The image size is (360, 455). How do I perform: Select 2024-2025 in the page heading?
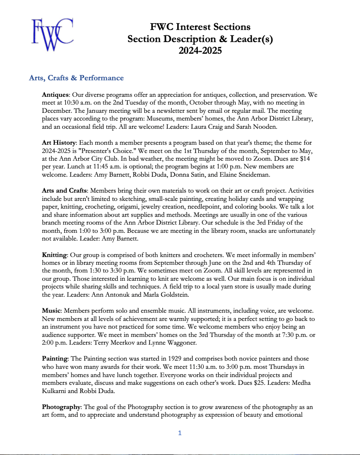[x=200, y=50]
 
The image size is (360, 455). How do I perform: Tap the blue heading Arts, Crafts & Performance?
[x=76, y=78]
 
